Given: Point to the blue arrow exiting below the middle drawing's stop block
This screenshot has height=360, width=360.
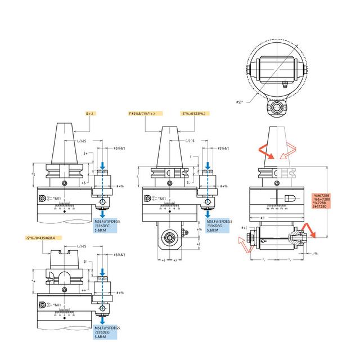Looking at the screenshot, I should pos(209,215).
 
